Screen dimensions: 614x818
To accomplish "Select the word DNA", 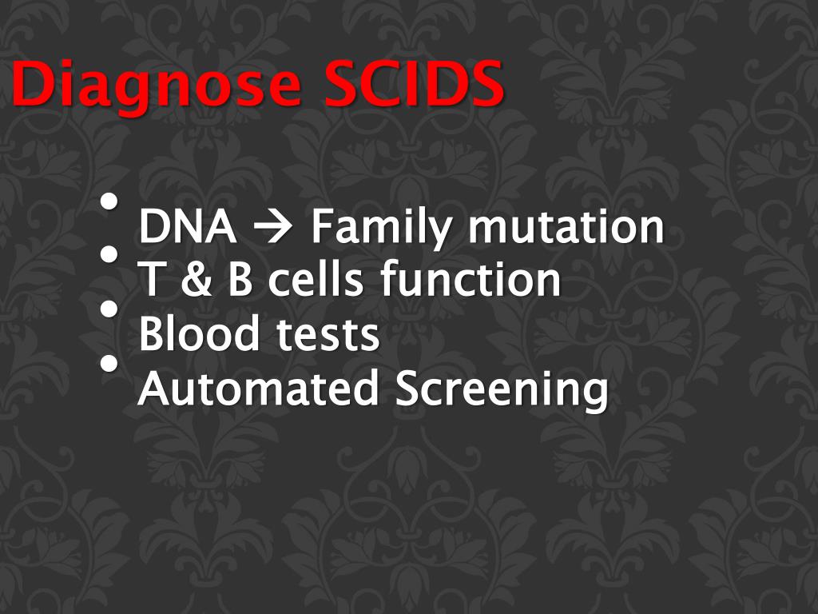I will pos(188,227).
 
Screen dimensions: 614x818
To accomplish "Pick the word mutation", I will pos(566,227).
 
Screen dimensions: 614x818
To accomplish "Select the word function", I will pos(471,281).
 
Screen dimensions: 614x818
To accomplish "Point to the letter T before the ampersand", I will pos(150,281).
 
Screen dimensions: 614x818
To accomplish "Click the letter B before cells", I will pos(240,281).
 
